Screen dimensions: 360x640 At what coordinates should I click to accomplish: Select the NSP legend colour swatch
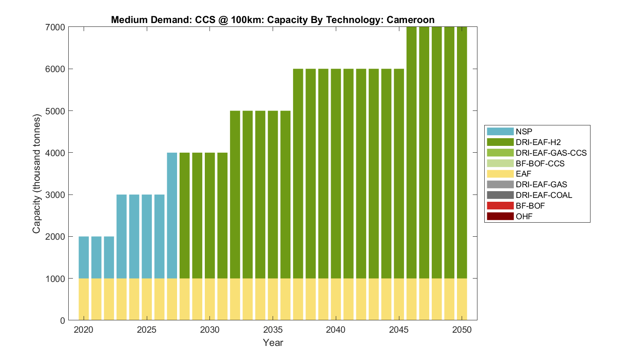point(500,131)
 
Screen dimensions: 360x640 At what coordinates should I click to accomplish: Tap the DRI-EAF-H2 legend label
point(538,142)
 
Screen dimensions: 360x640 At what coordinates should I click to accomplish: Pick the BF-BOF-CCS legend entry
point(540,163)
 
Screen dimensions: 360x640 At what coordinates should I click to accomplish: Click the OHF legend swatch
point(500,216)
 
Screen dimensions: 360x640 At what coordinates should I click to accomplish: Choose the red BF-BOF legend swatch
point(500,206)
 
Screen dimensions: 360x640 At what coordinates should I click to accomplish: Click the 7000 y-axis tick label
point(55,27)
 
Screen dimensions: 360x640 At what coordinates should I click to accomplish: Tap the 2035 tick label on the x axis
point(273,330)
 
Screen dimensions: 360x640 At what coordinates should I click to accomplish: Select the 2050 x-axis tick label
point(462,330)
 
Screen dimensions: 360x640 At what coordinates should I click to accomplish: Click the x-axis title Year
point(273,343)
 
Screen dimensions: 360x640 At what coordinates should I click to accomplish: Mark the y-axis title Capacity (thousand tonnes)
point(37,174)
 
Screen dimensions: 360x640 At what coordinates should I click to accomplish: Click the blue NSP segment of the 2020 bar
point(84,257)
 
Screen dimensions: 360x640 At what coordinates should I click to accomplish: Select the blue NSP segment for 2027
point(172,215)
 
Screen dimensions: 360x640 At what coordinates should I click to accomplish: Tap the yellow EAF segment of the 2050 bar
point(462,299)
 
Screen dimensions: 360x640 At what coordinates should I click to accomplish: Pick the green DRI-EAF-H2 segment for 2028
point(185,215)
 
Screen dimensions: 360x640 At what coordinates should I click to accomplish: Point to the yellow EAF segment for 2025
point(147,299)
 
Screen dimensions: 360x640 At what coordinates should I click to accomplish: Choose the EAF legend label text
point(524,174)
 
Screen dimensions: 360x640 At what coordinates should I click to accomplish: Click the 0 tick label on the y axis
point(62,320)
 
